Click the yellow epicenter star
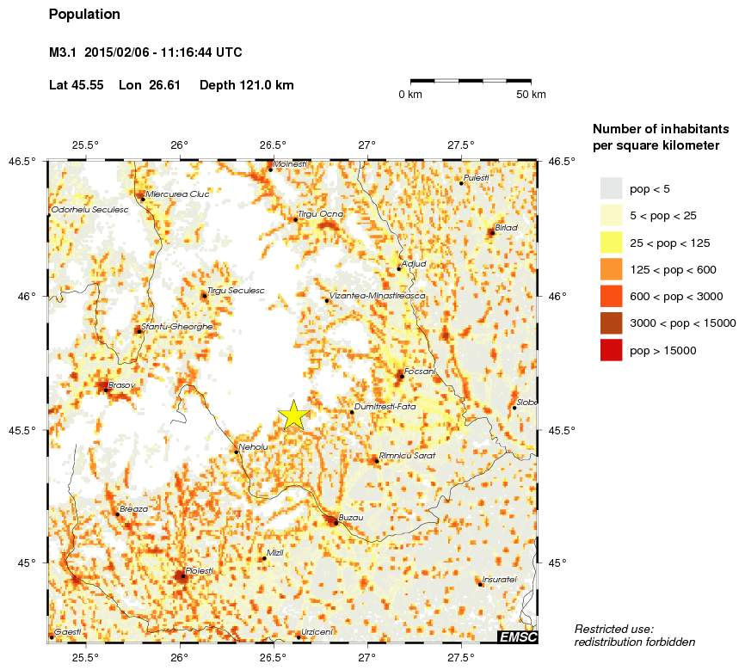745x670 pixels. (x=293, y=415)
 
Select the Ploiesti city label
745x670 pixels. (x=199, y=571)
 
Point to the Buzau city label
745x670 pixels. (x=352, y=518)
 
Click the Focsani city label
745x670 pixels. (x=420, y=372)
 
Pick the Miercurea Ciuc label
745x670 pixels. (x=178, y=194)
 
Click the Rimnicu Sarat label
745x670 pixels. (x=408, y=455)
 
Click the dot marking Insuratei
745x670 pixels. (x=480, y=585)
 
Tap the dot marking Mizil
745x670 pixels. (x=263, y=559)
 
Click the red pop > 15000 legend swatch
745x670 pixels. (x=611, y=350)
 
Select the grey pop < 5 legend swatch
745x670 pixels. (x=611, y=188)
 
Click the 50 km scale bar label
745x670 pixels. (x=531, y=95)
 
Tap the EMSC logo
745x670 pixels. (x=518, y=636)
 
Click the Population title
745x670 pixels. (x=84, y=15)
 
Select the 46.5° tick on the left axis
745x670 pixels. (x=24, y=161)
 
